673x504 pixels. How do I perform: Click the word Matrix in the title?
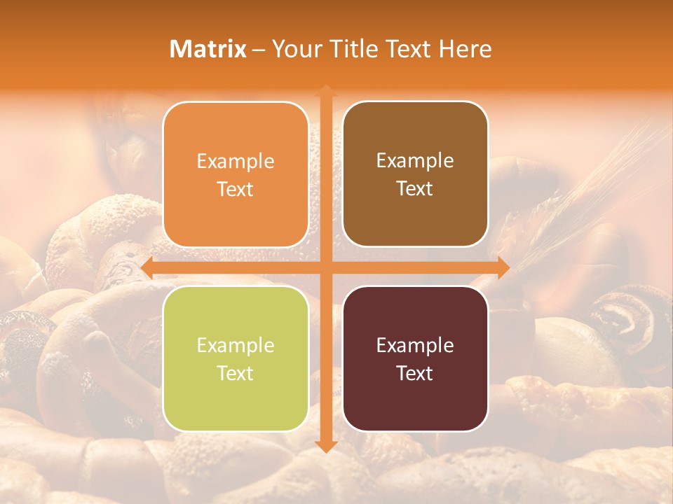(208, 49)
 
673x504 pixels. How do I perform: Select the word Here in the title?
(465, 49)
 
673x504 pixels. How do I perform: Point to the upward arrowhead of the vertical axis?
(325, 91)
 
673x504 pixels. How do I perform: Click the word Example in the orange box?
(236, 162)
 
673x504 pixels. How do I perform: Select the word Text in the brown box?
(415, 189)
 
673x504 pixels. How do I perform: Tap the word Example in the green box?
(236, 346)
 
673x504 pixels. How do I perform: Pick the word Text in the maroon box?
(415, 373)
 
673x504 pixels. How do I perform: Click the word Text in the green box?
(236, 373)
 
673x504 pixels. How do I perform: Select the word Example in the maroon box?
(415, 346)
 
